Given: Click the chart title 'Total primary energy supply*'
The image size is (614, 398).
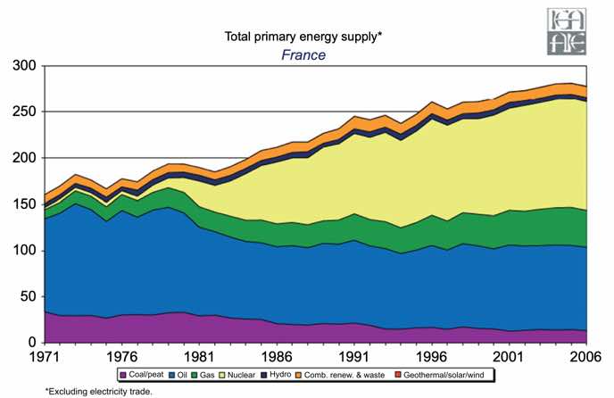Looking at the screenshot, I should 303,37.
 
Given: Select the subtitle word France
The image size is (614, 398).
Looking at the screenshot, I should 303,54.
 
